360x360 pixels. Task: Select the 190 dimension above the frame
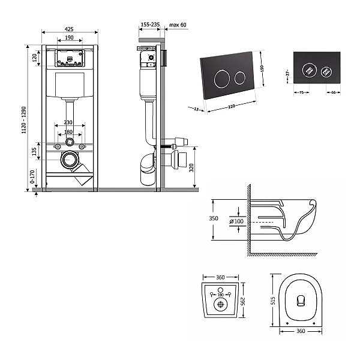pos(70,38)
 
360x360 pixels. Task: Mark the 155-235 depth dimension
pos(149,26)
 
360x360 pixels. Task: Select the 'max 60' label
pos(178,26)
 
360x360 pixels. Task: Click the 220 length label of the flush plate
pos(232,107)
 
